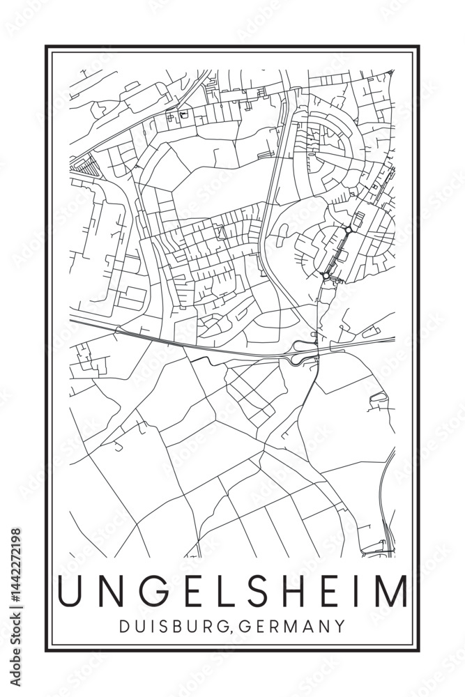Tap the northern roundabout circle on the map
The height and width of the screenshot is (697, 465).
348,229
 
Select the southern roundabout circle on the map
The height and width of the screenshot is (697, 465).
326,276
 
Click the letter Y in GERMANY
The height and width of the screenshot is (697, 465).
340,627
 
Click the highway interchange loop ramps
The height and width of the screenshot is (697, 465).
301,352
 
